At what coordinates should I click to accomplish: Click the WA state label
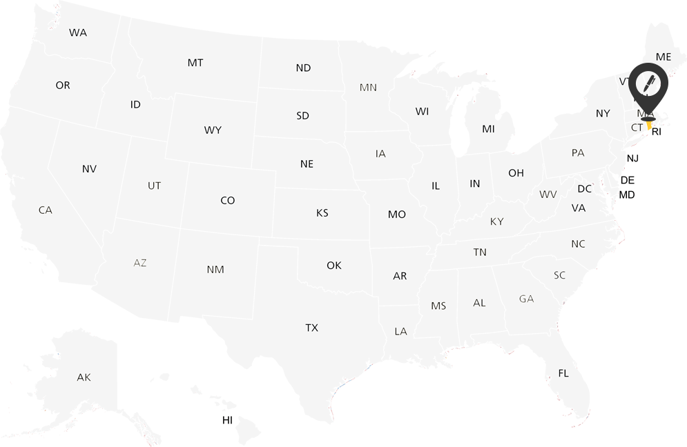pos(78,33)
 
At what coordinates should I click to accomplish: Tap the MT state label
pos(195,63)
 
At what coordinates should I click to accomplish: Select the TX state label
pos(312,328)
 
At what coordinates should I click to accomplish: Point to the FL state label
pos(563,373)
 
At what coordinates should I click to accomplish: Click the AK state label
pos(84,377)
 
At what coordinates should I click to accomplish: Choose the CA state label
pos(46,210)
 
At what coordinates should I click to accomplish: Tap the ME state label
pos(664,57)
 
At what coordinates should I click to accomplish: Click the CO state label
pos(228,201)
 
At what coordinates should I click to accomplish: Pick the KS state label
pos(322,213)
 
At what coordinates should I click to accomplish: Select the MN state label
pos(368,88)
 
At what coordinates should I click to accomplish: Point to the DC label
pos(585,189)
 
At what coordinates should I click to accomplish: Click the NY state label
pos(603,113)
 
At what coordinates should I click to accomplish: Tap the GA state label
pos(527,299)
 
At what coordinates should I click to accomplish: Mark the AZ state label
pos(140,263)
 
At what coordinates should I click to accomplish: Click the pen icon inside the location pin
pos(648,84)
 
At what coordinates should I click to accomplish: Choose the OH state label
pos(516,173)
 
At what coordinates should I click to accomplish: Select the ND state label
pos(303,68)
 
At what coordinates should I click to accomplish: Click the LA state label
pos(400,332)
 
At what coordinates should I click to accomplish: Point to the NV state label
pos(89,169)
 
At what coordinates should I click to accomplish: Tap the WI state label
pos(422,111)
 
